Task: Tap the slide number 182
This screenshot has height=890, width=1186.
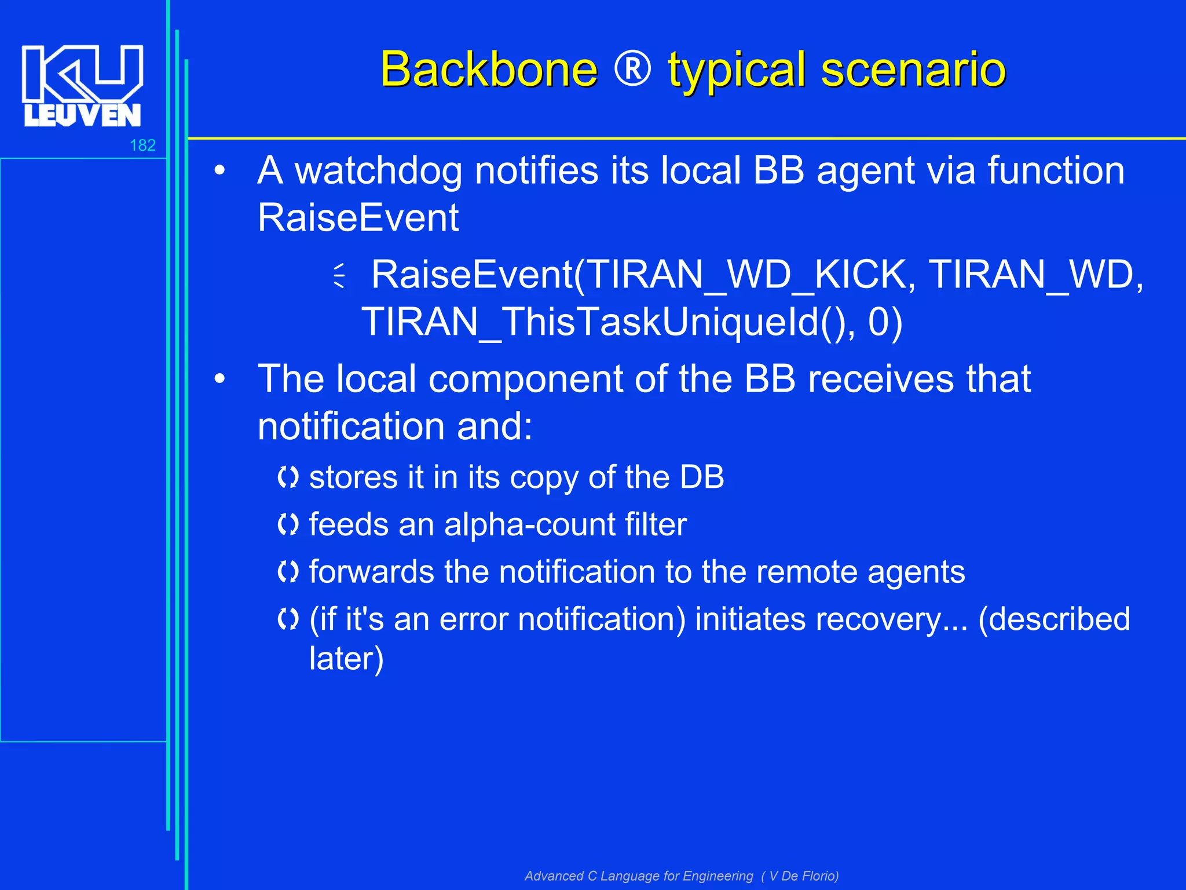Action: (142, 145)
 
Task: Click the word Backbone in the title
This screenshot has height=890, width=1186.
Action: (489, 70)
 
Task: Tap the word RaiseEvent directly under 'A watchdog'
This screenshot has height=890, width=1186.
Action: (358, 218)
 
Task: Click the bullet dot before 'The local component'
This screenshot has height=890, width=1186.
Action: (219, 380)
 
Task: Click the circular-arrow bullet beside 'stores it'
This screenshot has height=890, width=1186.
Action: (288, 477)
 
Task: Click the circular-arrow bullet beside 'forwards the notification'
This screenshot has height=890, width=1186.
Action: (288, 572)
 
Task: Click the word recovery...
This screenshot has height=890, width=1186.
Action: (880, 619)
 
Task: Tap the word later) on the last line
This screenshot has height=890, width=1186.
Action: (346, 659)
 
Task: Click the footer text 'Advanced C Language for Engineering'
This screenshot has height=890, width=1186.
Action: (639, 876)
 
